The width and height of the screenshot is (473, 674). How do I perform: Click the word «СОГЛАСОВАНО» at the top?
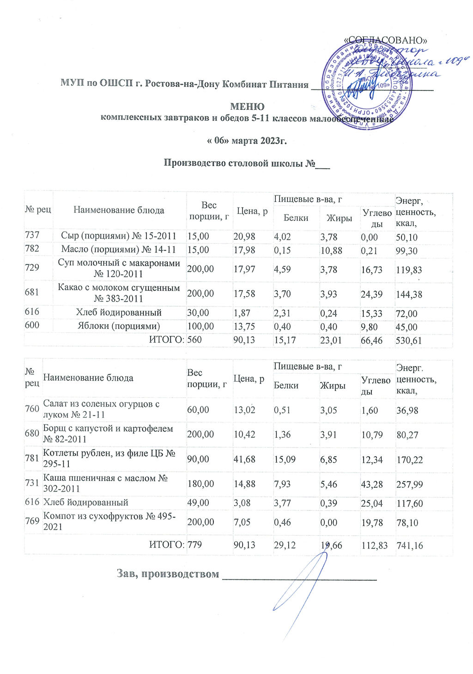(x=386, y=40)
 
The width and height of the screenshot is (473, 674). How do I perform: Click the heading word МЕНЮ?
(x=247, y=107)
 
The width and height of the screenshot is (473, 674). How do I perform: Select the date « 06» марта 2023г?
(x=247, y=140)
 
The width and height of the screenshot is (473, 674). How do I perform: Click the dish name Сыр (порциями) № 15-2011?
(x=119, y=236)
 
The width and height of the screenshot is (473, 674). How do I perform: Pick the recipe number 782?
(x=32, y=249)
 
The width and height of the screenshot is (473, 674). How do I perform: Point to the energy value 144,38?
(x=409, y=294)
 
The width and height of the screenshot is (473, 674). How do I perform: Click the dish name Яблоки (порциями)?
(x=119, y=326)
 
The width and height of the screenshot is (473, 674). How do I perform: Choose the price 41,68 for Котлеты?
(x=245, y=459)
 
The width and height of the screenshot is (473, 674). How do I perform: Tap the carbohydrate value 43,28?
(x=372, y=484)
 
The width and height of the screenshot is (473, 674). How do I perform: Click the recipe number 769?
(x=32, y=521)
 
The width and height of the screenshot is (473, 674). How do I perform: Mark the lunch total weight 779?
(x=194, y=545)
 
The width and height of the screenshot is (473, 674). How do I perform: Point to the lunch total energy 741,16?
(x=410, y=545)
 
